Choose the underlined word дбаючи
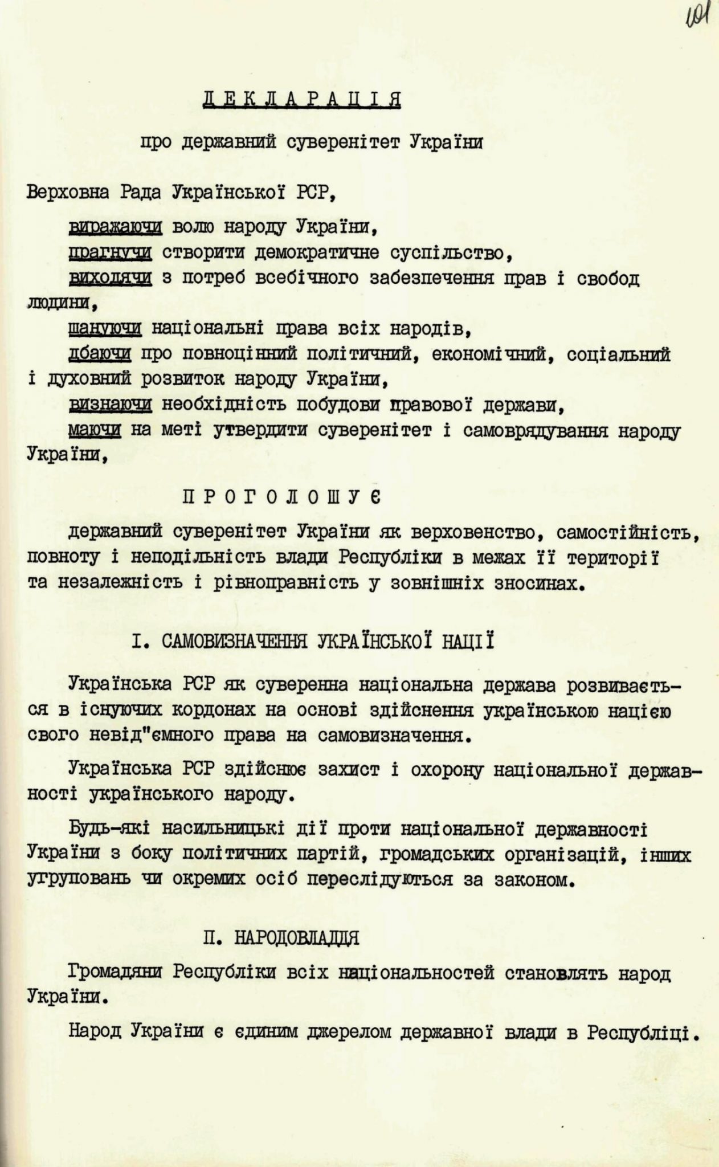coord(100,354)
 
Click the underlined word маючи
coord(95,430)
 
